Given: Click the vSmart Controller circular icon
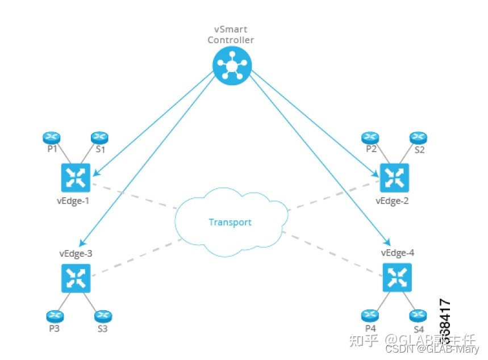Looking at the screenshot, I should [x=232, y=66].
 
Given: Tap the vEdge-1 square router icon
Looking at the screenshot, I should [x=75, y=178].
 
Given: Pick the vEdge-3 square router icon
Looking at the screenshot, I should [x=75, y=278].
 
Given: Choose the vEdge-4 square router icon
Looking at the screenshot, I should [x=397, y=278].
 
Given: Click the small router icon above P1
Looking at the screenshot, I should [x=52, y=137].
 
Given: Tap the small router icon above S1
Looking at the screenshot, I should [x=99, y=137].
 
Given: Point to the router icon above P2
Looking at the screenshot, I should [x=370, y=137].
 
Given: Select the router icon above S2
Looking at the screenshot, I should [x=418, y=137].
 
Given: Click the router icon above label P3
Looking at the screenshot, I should [x=54, y=316].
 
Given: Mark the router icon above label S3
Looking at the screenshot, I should [x=102, y=316].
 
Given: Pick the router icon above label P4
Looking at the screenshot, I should [x=370, y=316].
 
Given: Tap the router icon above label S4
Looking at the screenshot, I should [x=418, y=316].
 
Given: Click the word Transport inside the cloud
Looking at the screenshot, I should [x=230, y=222].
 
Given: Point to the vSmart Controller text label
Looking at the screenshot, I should [x=231, y=35].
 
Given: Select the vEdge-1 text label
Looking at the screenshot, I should [x=73, y=201].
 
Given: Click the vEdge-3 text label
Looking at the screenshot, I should [x=76, y=254].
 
